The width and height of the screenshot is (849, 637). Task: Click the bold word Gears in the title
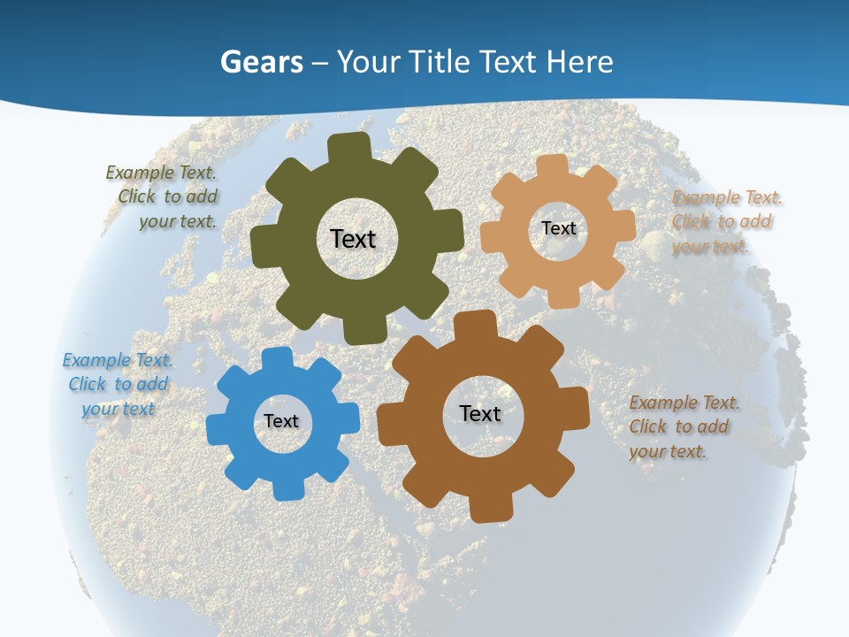coord(261,62)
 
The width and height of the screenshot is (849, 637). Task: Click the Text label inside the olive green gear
coord(353,239)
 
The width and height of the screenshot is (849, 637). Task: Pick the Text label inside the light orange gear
coord(558,228)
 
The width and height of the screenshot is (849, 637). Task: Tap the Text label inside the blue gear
coord(281,421)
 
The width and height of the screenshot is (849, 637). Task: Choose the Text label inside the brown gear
coord(480,413)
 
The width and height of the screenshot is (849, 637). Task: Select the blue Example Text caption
coord(118,384)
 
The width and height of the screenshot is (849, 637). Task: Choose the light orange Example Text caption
coord(723,221)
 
